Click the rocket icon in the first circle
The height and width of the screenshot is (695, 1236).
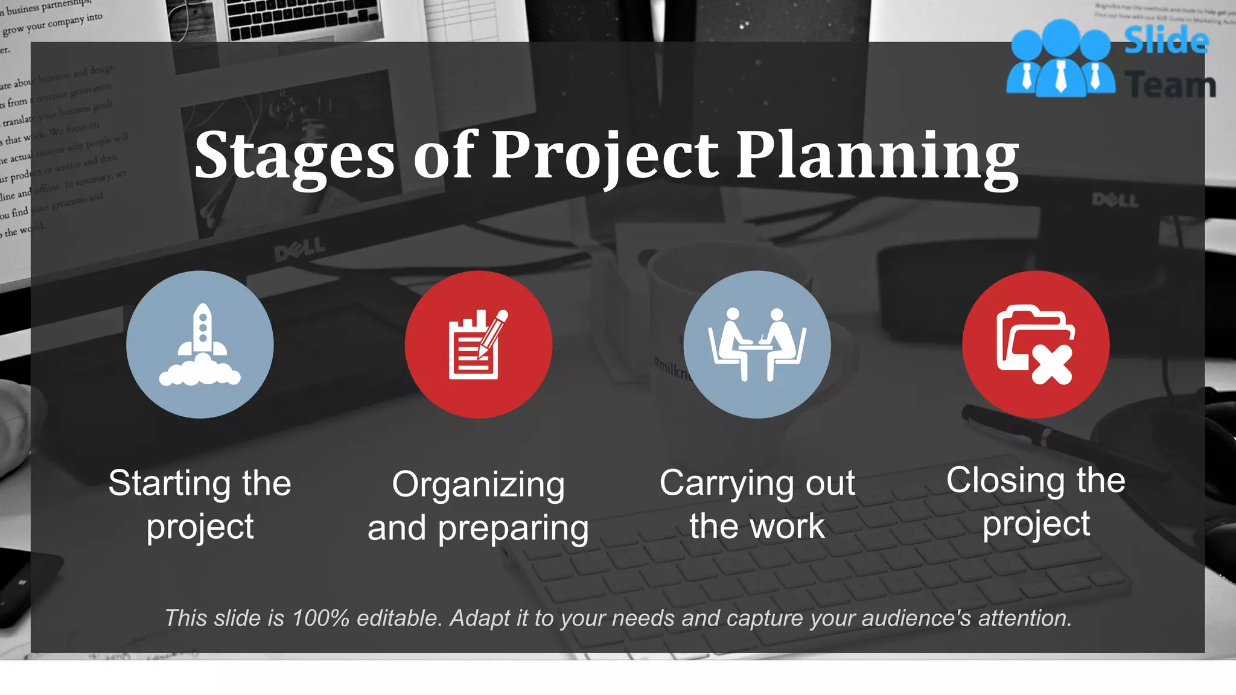tap(200, 344)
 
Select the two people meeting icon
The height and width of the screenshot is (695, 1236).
tap(757, 344)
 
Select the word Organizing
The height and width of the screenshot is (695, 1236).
tap(478, 485)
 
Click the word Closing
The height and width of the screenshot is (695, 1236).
tap(997, 481)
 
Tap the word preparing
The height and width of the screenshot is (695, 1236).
tap(513, 529)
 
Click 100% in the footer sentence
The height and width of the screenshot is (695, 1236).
tap(320, 618)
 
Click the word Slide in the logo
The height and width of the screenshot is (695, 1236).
tap(1166, 41)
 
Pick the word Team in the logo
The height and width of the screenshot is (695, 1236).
tap(1171, 85)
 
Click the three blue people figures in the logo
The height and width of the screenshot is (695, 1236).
tap(1060, 59)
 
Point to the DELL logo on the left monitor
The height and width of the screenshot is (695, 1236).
tap(300, 249)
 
